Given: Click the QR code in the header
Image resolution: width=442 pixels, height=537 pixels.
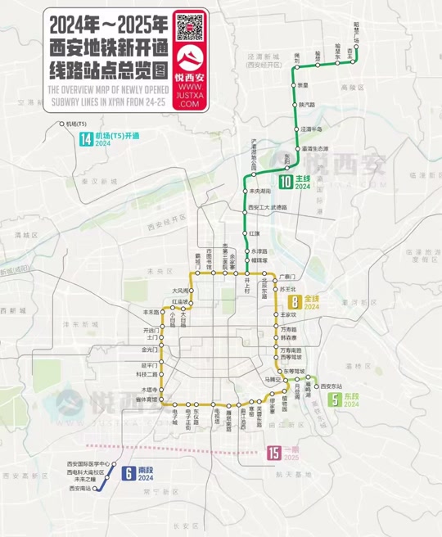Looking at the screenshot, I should pos(189,26).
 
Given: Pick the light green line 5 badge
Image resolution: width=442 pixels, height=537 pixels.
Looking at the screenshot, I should pos(335,400).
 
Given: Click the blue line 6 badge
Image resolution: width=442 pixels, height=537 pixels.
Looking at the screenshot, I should pos(128,472).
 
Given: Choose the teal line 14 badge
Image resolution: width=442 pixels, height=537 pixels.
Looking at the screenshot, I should pos(85,139).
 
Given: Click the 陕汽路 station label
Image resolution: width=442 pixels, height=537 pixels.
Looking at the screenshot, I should pos(307,105).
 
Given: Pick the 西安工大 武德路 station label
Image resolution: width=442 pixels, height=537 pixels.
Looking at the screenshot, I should pos(268,208).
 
